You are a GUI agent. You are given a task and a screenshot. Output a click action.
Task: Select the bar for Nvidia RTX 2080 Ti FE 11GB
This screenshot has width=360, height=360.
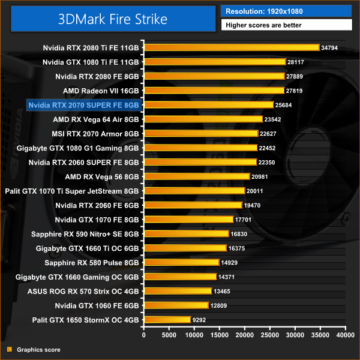tap(231, 47)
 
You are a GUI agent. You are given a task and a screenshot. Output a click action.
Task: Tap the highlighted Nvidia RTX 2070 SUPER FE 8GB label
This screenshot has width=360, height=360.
tap(83, 105)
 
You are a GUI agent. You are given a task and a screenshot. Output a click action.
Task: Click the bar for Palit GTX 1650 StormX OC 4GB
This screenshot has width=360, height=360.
tap(167, 320)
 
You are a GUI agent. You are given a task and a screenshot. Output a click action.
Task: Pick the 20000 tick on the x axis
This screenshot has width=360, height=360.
tap(245, 334)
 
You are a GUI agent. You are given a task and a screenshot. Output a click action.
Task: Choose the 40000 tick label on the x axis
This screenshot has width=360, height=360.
tap(345, 334)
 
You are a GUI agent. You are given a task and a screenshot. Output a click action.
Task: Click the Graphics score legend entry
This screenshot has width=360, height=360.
tap(38, 349)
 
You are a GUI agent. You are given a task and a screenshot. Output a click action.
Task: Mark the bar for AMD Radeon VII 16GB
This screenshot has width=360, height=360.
tap(214, 90)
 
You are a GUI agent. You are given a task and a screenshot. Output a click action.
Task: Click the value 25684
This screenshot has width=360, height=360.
tap(283, 105)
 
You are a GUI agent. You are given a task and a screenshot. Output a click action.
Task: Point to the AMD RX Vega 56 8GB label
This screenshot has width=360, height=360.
tap(102, 176)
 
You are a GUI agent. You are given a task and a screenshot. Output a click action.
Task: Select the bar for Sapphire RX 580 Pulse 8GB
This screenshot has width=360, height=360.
tap(181, 262)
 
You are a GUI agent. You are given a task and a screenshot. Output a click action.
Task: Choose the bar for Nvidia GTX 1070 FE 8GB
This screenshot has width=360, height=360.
tap(188, 219)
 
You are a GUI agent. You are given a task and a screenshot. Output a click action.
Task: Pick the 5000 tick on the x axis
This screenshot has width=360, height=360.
tap(169, 334)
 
